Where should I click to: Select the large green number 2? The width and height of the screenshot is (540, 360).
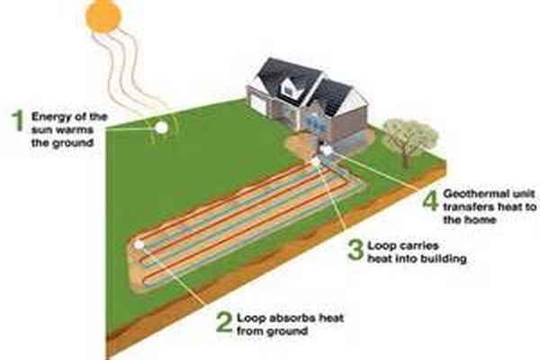tap(222, 323)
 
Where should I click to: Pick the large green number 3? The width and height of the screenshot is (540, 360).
tap(355, 248)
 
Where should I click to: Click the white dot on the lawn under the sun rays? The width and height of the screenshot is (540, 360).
tap(161, 128)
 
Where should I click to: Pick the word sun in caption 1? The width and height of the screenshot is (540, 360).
tap(43, 130)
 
